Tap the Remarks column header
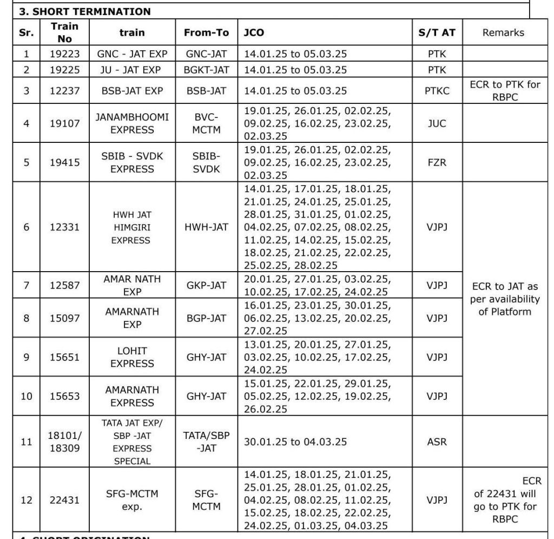click(503, 32)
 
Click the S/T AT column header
click(437, 32)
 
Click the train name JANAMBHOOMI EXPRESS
click(132, 123)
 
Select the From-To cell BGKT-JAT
click(207, 70)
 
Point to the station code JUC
click(437, 123)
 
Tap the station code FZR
click(437, 162)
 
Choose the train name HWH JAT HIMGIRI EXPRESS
click(132, 227)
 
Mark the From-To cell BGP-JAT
click(207, 318)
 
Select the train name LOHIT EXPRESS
click(132, 357)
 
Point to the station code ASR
click(437, 442)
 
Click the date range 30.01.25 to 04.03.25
click(295, 442)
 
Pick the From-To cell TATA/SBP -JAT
click(207, 442)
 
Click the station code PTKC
click(437, 90)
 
